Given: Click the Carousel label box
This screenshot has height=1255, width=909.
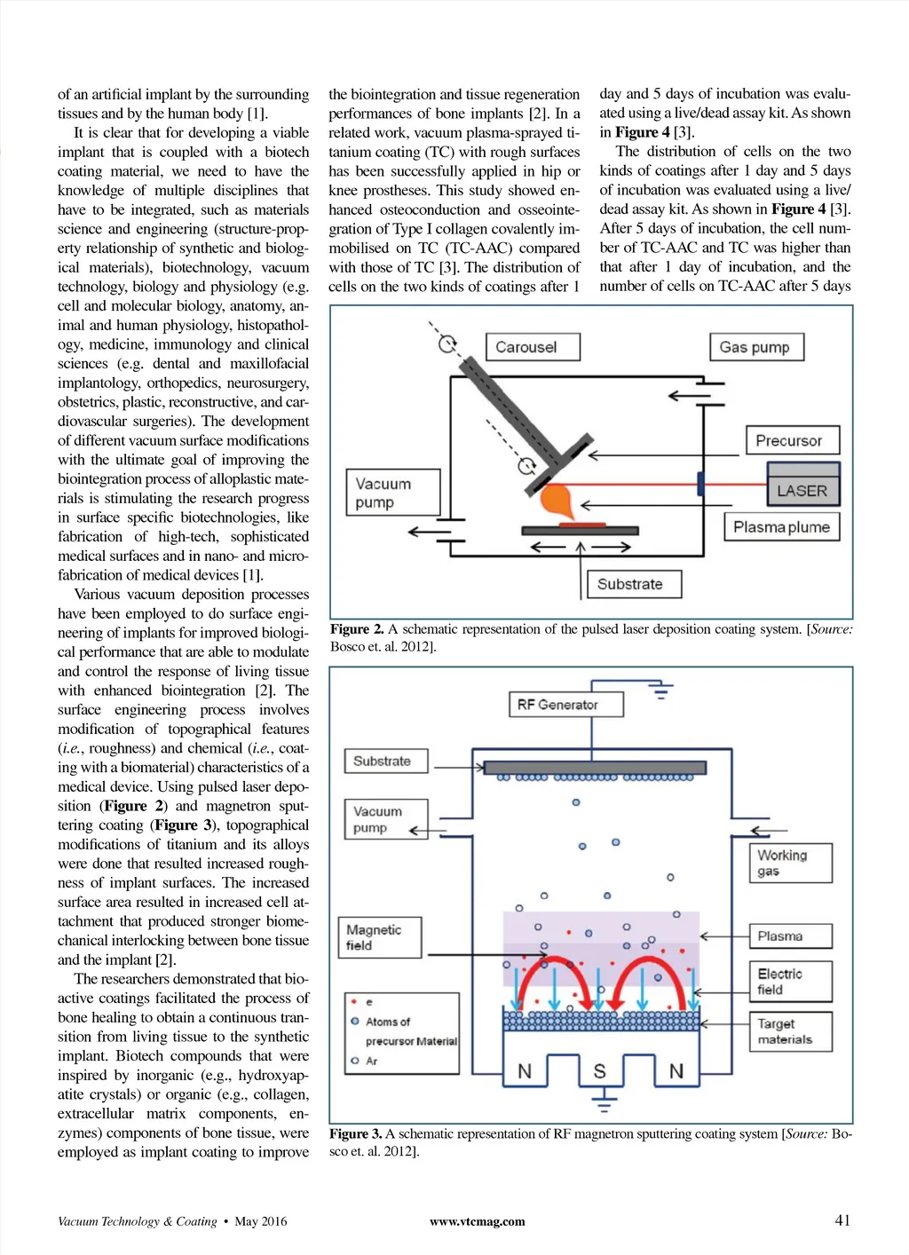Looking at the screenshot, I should point(533,347).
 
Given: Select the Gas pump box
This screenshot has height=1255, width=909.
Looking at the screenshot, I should point(756,347).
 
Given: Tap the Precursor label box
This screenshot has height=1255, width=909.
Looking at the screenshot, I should point(791,440).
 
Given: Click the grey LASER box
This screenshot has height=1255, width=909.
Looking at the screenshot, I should point(802,489).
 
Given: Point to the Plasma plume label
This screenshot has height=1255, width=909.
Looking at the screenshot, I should point(781,527).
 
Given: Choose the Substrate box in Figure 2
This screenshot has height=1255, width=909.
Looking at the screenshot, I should point(634,584).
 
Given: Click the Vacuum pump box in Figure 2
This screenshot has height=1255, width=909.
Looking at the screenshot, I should point(392,493).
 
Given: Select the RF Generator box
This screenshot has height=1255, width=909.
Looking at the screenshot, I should point(565,705).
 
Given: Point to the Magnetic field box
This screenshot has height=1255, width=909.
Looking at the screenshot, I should point(380,937).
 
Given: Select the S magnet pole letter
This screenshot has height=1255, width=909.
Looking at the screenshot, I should point(599,1071).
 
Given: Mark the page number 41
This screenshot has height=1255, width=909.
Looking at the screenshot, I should point(842,1220).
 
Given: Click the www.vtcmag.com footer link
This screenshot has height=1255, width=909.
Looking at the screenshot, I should point(477,1221).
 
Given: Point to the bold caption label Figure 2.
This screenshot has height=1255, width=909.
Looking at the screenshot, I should point(357,629).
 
